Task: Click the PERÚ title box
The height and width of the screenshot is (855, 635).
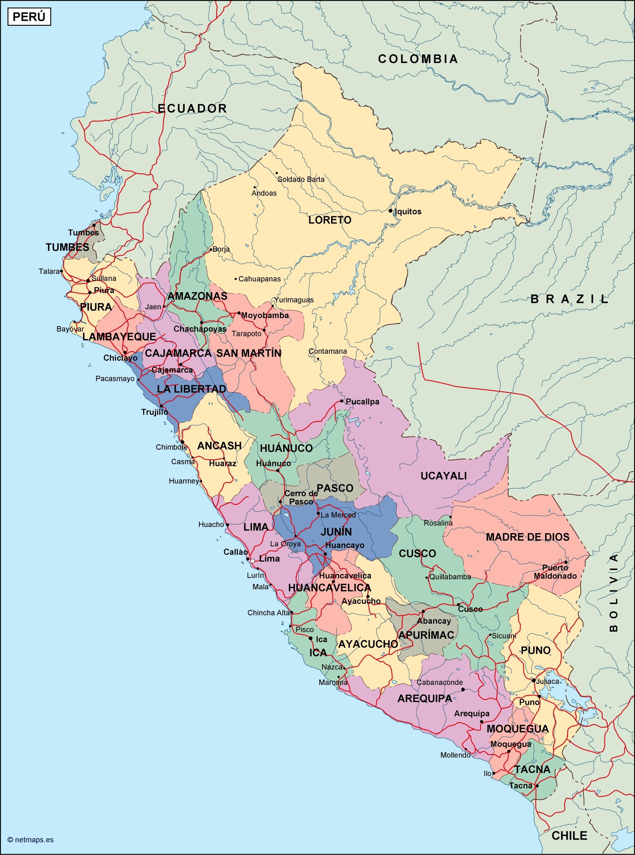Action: (x=29, y=18)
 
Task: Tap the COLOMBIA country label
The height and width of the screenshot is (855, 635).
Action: (x=418, y=59)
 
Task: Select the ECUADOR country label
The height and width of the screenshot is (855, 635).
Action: (x=193, y=108)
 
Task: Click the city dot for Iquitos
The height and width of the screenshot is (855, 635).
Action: (x=390, y=211)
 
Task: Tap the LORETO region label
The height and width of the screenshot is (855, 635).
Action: (x=330, y=220)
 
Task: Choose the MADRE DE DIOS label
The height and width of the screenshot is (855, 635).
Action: (x=528, y=537)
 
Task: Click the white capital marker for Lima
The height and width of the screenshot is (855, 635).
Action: (x=253, y=561)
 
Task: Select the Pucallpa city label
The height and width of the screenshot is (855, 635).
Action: (x=363, y=402)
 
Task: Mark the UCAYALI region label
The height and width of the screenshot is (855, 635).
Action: (x=443, y=475)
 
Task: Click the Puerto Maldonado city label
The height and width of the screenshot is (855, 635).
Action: (x=555, y=572)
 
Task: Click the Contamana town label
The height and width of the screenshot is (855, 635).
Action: (x=328, y=351)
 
